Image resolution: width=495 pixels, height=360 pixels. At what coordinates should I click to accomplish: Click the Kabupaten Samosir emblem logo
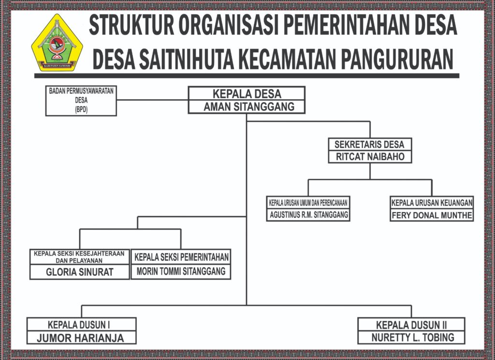[57, 43]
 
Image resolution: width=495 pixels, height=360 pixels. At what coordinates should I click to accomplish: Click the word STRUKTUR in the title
[131, 25]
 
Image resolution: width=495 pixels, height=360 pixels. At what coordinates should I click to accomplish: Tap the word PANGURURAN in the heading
[397, 59]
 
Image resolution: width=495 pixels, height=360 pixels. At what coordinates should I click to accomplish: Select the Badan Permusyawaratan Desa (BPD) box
[81, 101]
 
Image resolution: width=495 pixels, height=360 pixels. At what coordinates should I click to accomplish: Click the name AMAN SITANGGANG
[249, 107]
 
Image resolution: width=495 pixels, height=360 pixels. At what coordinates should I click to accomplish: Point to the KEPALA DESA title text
[247, 94]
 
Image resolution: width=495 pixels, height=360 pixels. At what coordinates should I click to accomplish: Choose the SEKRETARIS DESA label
[369, 145]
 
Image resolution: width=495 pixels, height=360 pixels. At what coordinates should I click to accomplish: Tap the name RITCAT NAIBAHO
[370, 156]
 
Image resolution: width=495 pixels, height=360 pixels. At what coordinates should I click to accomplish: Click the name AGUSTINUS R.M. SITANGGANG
[309, 215]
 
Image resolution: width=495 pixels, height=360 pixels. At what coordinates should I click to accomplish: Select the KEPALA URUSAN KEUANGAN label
[432, 203]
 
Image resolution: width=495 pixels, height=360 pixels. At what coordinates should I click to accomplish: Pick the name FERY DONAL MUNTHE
[432, 215]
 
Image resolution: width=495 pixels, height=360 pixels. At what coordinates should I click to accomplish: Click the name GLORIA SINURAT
[80, 272]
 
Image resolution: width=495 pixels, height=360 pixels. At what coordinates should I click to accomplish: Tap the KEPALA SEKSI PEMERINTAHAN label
[181, 257]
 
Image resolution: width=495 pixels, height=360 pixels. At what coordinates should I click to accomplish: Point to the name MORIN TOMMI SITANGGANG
[181, 271]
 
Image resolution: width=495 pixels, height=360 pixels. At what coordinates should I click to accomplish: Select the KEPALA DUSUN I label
[79, 325]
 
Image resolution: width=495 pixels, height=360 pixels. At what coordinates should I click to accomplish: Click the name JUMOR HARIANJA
[81, 338]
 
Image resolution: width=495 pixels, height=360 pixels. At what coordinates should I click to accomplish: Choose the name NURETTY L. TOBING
[413, 338]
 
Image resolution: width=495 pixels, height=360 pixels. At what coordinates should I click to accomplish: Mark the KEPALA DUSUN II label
[411, 325]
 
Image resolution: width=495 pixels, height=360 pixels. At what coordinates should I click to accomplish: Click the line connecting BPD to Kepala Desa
[152, 100]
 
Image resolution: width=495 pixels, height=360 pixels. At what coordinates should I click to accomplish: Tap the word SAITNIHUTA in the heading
[187, 59]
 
